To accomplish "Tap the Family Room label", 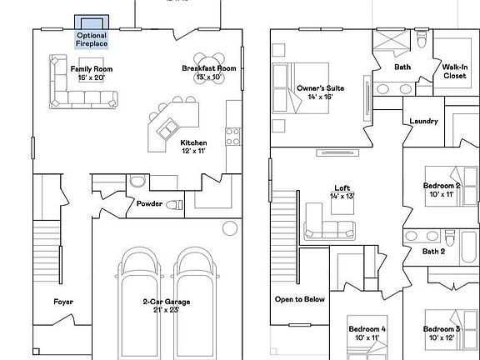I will pos(92,73).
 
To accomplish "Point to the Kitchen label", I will pos(193,147).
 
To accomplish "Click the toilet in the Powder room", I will pos(173,205).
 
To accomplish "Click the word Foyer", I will pos(63,302).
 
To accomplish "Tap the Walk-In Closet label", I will pos(454,71).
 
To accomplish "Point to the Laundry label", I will pos(423,122).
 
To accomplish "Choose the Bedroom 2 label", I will pos(442,190).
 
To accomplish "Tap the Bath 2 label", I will pos(433,251).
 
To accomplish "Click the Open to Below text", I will pos(299,299).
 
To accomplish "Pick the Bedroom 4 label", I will pos(367,333).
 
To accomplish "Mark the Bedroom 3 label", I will pos(442,333).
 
